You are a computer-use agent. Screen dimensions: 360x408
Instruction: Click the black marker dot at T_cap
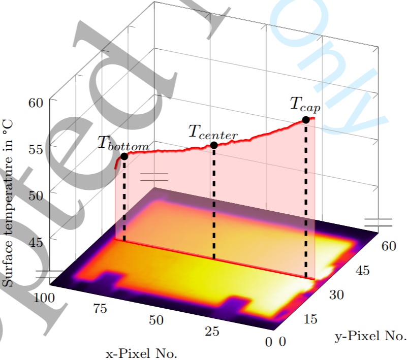tap(306, 120)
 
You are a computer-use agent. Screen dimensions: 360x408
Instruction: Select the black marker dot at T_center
tap(214, 145)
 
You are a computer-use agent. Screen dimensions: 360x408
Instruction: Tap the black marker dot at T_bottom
tap(124, 156)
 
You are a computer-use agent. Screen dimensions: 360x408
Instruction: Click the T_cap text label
tap(301, 104)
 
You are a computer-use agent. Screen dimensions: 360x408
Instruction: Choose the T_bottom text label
tap(123, 144)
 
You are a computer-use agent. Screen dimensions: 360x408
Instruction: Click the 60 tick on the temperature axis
tap(38, 102)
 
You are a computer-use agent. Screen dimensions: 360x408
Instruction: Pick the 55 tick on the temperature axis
tap(38, 149)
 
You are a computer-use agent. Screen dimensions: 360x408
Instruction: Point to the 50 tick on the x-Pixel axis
tap(156, 320)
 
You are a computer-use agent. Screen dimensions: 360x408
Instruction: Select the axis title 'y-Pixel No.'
tap(370, 336)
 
